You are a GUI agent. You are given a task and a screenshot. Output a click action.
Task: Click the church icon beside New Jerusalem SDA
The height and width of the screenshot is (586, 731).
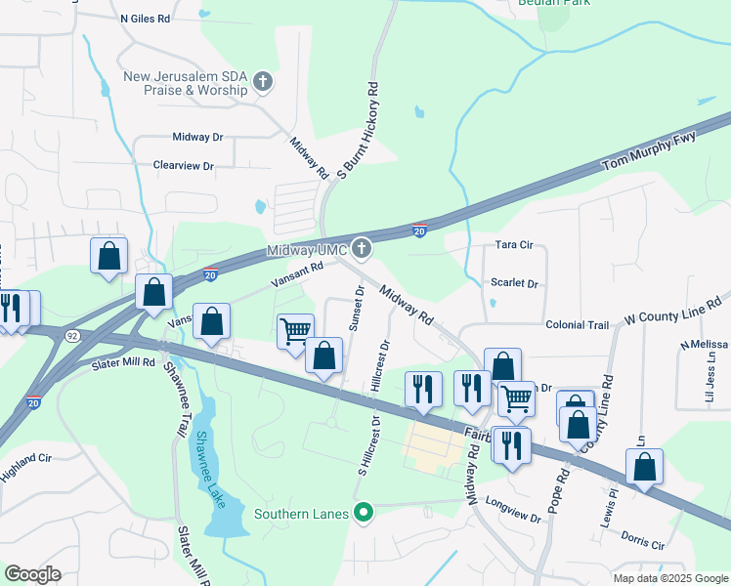coord(262,83)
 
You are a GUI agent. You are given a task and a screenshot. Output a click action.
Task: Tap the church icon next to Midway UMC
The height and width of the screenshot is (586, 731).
coord(363,249)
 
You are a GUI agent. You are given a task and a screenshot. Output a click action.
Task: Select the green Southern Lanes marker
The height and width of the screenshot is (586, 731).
coord(365,512)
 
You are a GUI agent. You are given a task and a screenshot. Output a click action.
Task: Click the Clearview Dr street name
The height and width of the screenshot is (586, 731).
coord(183,166)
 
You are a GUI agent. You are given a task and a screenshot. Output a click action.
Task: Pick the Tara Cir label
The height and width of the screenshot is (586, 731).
coord(516,246)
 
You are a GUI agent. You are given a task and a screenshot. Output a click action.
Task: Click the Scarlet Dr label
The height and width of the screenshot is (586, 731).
coord(515,283)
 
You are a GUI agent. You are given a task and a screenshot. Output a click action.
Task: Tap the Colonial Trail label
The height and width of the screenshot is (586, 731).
coord(577,324)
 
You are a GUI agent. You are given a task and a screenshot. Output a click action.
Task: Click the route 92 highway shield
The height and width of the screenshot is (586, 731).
coord(72,336)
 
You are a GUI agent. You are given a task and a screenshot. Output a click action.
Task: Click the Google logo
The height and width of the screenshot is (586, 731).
coord(32,574)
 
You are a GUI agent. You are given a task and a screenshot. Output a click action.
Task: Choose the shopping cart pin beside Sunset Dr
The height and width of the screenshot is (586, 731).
coord(295,332)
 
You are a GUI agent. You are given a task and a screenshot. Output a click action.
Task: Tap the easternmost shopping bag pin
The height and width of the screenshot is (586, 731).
coord(644,467)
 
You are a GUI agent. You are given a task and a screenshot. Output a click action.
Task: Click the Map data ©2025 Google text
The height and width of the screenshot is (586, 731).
coord(669,578)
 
